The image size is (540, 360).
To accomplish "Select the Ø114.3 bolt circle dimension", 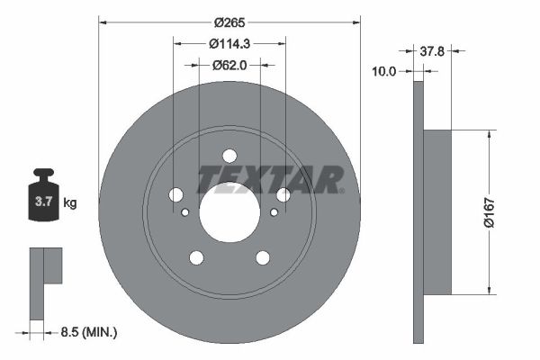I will tap(229, 42).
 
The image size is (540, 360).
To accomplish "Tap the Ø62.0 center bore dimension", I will tap(229, 65).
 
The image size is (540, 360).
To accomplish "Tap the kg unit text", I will tap(70, 202).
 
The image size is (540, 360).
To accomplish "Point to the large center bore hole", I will tap(229, 212).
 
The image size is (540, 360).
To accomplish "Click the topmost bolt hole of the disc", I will tap(229, 156).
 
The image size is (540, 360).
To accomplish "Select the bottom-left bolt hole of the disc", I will tap(195, 258).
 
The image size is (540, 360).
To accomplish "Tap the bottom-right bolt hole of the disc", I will tap(263, 258).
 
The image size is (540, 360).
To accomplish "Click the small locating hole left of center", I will tap(184, 212).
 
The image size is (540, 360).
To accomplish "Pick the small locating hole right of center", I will tap(274, 212).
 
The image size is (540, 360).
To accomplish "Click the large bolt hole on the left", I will tap(175, 195).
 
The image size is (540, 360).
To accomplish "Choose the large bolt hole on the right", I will tap(283, 195).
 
